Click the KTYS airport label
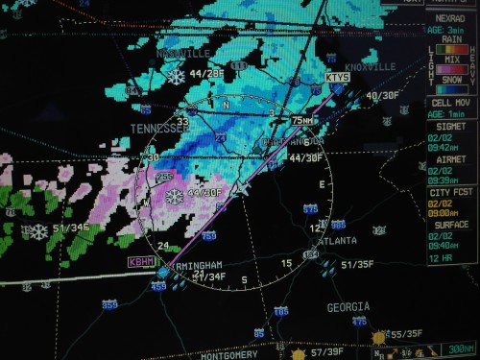(x=337, y=77)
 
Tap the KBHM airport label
(x=140, y=261)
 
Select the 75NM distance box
(x=302, y=121)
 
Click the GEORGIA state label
(x=348, y=307)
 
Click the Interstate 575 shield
(x=310, y=208)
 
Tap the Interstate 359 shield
(x=110, y=304)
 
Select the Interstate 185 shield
(x=280, y=312)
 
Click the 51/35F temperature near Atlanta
(x=357, y=264)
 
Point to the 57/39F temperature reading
(x=327, y=352)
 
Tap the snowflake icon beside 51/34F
(x=38, y=231)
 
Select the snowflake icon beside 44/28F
(x=176, y=76)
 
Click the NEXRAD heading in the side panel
(x=450, y=18)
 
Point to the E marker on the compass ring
(x=322, y=184)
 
